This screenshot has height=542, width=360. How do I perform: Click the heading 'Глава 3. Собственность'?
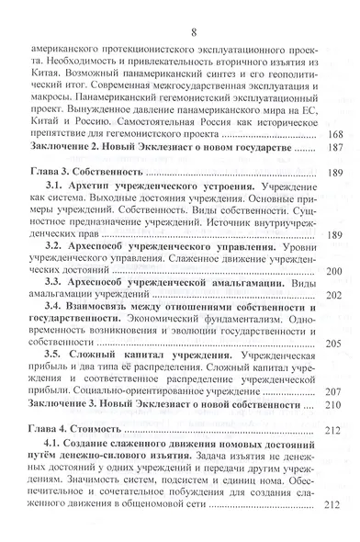pos(89,198)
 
